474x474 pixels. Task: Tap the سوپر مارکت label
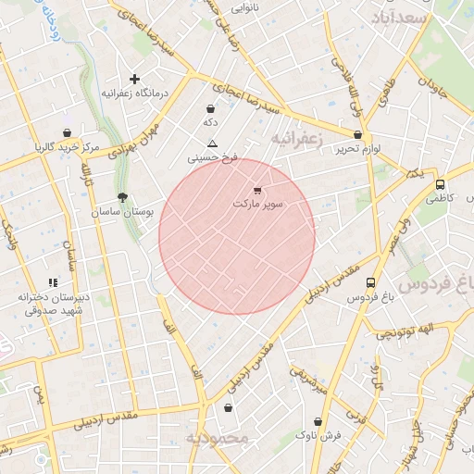[259, 203]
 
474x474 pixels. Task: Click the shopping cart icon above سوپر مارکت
[256, 191]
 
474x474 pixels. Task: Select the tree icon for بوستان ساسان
[122, 197]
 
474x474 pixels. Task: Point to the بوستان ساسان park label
[122, 212]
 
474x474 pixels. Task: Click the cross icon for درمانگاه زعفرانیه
[135, 80]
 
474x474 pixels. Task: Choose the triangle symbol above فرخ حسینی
[212, 143]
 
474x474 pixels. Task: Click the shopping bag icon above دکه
[211, 109]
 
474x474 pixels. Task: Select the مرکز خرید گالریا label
[67, 147]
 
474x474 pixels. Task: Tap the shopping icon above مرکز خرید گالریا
[67, 133]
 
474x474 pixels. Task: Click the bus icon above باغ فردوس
[371, 283]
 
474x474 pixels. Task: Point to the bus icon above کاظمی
[440, 184]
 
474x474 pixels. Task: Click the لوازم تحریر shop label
[358, 148]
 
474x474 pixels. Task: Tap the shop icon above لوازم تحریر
[357, 134]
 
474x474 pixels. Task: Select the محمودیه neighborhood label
[218, 438]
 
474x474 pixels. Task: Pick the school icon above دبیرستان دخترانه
[53, 282]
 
